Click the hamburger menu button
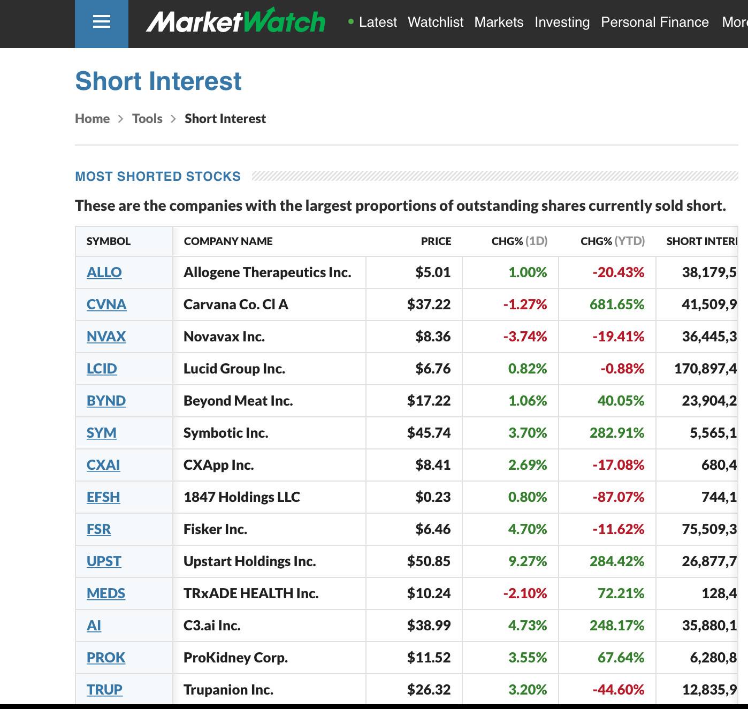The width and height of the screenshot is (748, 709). (101, 22)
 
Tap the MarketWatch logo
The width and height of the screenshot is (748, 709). (235, 22)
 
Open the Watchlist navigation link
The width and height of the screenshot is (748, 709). (436, 22)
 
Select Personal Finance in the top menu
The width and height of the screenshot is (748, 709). (654, 22)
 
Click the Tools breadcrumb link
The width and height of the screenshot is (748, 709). (147, 119)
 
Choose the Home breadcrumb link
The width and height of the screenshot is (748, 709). (92, 119)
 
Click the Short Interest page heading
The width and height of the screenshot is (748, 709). (158, 81)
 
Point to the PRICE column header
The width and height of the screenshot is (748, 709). (436, 241)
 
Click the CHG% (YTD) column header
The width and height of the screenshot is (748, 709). (612, 241)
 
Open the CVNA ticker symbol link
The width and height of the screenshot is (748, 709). (106, 304)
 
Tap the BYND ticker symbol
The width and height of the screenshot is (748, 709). (106, 401)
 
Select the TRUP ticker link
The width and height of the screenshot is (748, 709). (104, 690)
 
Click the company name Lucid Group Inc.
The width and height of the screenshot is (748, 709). (234, 369)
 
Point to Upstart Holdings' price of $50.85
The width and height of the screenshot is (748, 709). (429, 561)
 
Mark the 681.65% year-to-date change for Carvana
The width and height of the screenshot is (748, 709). (616, 304)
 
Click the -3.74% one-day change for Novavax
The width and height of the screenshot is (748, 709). (525, 337)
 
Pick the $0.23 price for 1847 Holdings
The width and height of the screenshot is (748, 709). (433, 497)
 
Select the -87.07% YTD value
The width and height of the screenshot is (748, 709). (618, 497)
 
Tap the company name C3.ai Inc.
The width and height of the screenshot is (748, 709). (212, 626)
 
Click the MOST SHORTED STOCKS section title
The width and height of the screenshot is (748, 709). (158, 177)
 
